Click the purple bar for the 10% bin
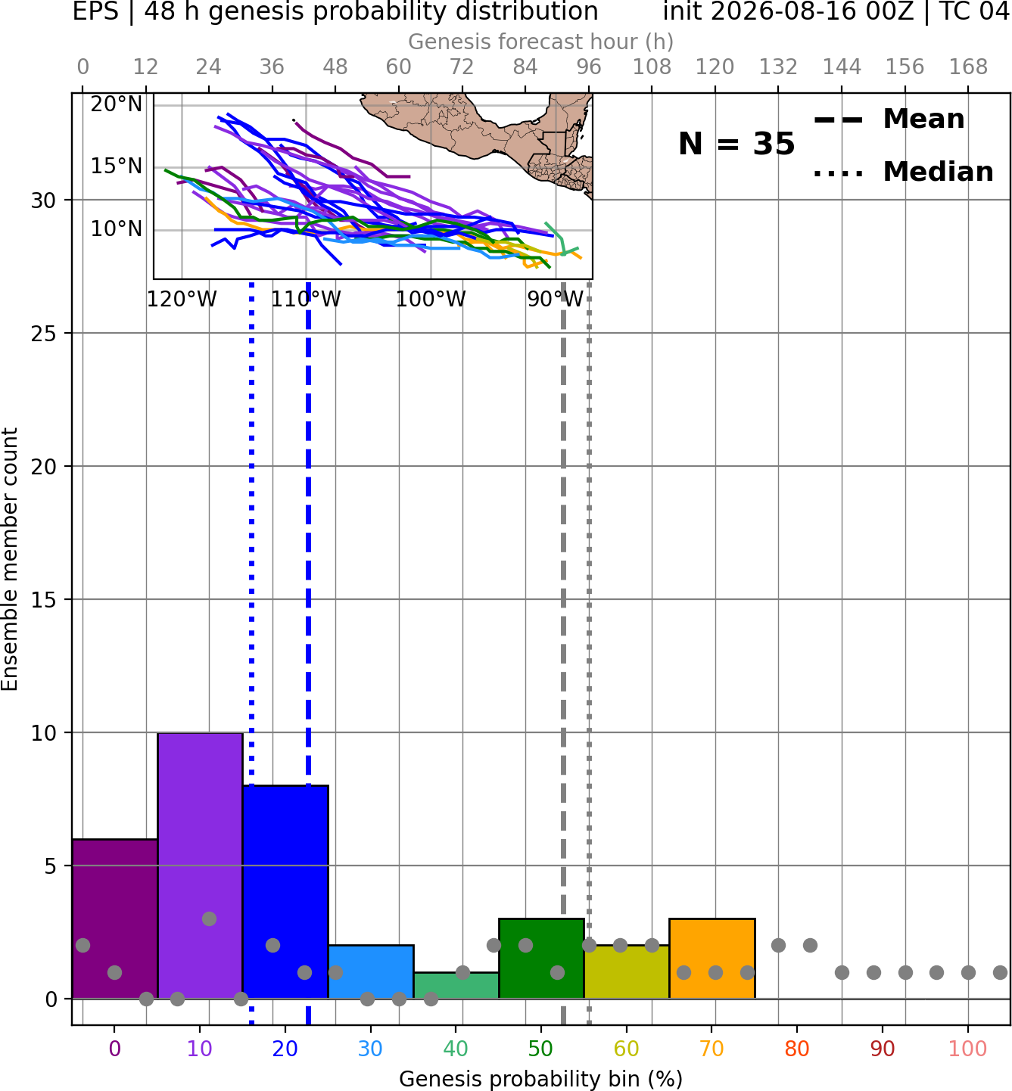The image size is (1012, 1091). pyautogui.click(x=200, y=866)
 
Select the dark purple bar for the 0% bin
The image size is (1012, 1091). pyautogui.click(x=115, y=919)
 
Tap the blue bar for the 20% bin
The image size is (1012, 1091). pyautogui.click(x=285, y=892)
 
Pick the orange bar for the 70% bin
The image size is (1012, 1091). pyautogui.click(x=712, y=959)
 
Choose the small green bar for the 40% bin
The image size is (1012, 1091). pyautogui.click(x=456, y=986)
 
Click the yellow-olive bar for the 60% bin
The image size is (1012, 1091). pyautogui.click(x=627, y=972)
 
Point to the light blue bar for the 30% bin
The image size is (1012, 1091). pyautogui.click(x=371, y=972)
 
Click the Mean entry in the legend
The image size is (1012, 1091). pyautogui.click(x=889, y=120)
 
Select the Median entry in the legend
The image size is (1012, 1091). pyautogui.click(x=903, y=172)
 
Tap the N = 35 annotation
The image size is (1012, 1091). pyautogui.click(x=736, y=144)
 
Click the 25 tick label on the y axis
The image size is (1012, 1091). pyautogui.click(x=44, y=334)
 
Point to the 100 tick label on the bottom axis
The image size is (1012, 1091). pyautogui.click(x=967, y=1049)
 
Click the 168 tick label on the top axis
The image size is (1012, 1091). pyautogui.click(x=968, y=67)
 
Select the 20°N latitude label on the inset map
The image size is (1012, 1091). pyautogui.click(x=117, y=104)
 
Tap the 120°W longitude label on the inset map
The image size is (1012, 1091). pyautogui.click(x=182, y=300)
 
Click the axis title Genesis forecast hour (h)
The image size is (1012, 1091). pyautogui.click(x=541, y=42)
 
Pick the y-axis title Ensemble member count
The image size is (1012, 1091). pyautogui.click(x=10, y=559)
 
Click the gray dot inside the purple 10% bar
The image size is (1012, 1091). pyautogui.click(x=209, y=918)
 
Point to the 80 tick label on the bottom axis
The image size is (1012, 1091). pyautogui.click(x=796, y=1049)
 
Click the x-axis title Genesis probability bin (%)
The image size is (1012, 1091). pyautogui.click(x=541, y=1079)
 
